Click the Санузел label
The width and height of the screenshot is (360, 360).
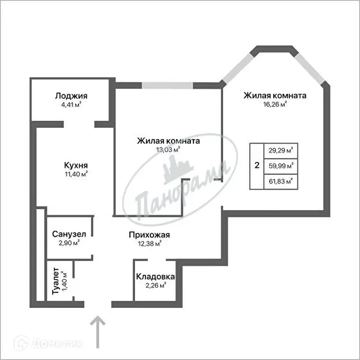69,233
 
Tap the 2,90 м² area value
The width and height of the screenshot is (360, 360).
69,243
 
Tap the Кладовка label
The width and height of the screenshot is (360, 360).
154,276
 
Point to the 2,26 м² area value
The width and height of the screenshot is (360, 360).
154,286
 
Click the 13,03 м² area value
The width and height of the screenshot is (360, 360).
168,150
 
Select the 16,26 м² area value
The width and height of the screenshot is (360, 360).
274,105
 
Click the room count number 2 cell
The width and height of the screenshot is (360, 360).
256,166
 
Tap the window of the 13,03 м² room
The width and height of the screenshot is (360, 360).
168,85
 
